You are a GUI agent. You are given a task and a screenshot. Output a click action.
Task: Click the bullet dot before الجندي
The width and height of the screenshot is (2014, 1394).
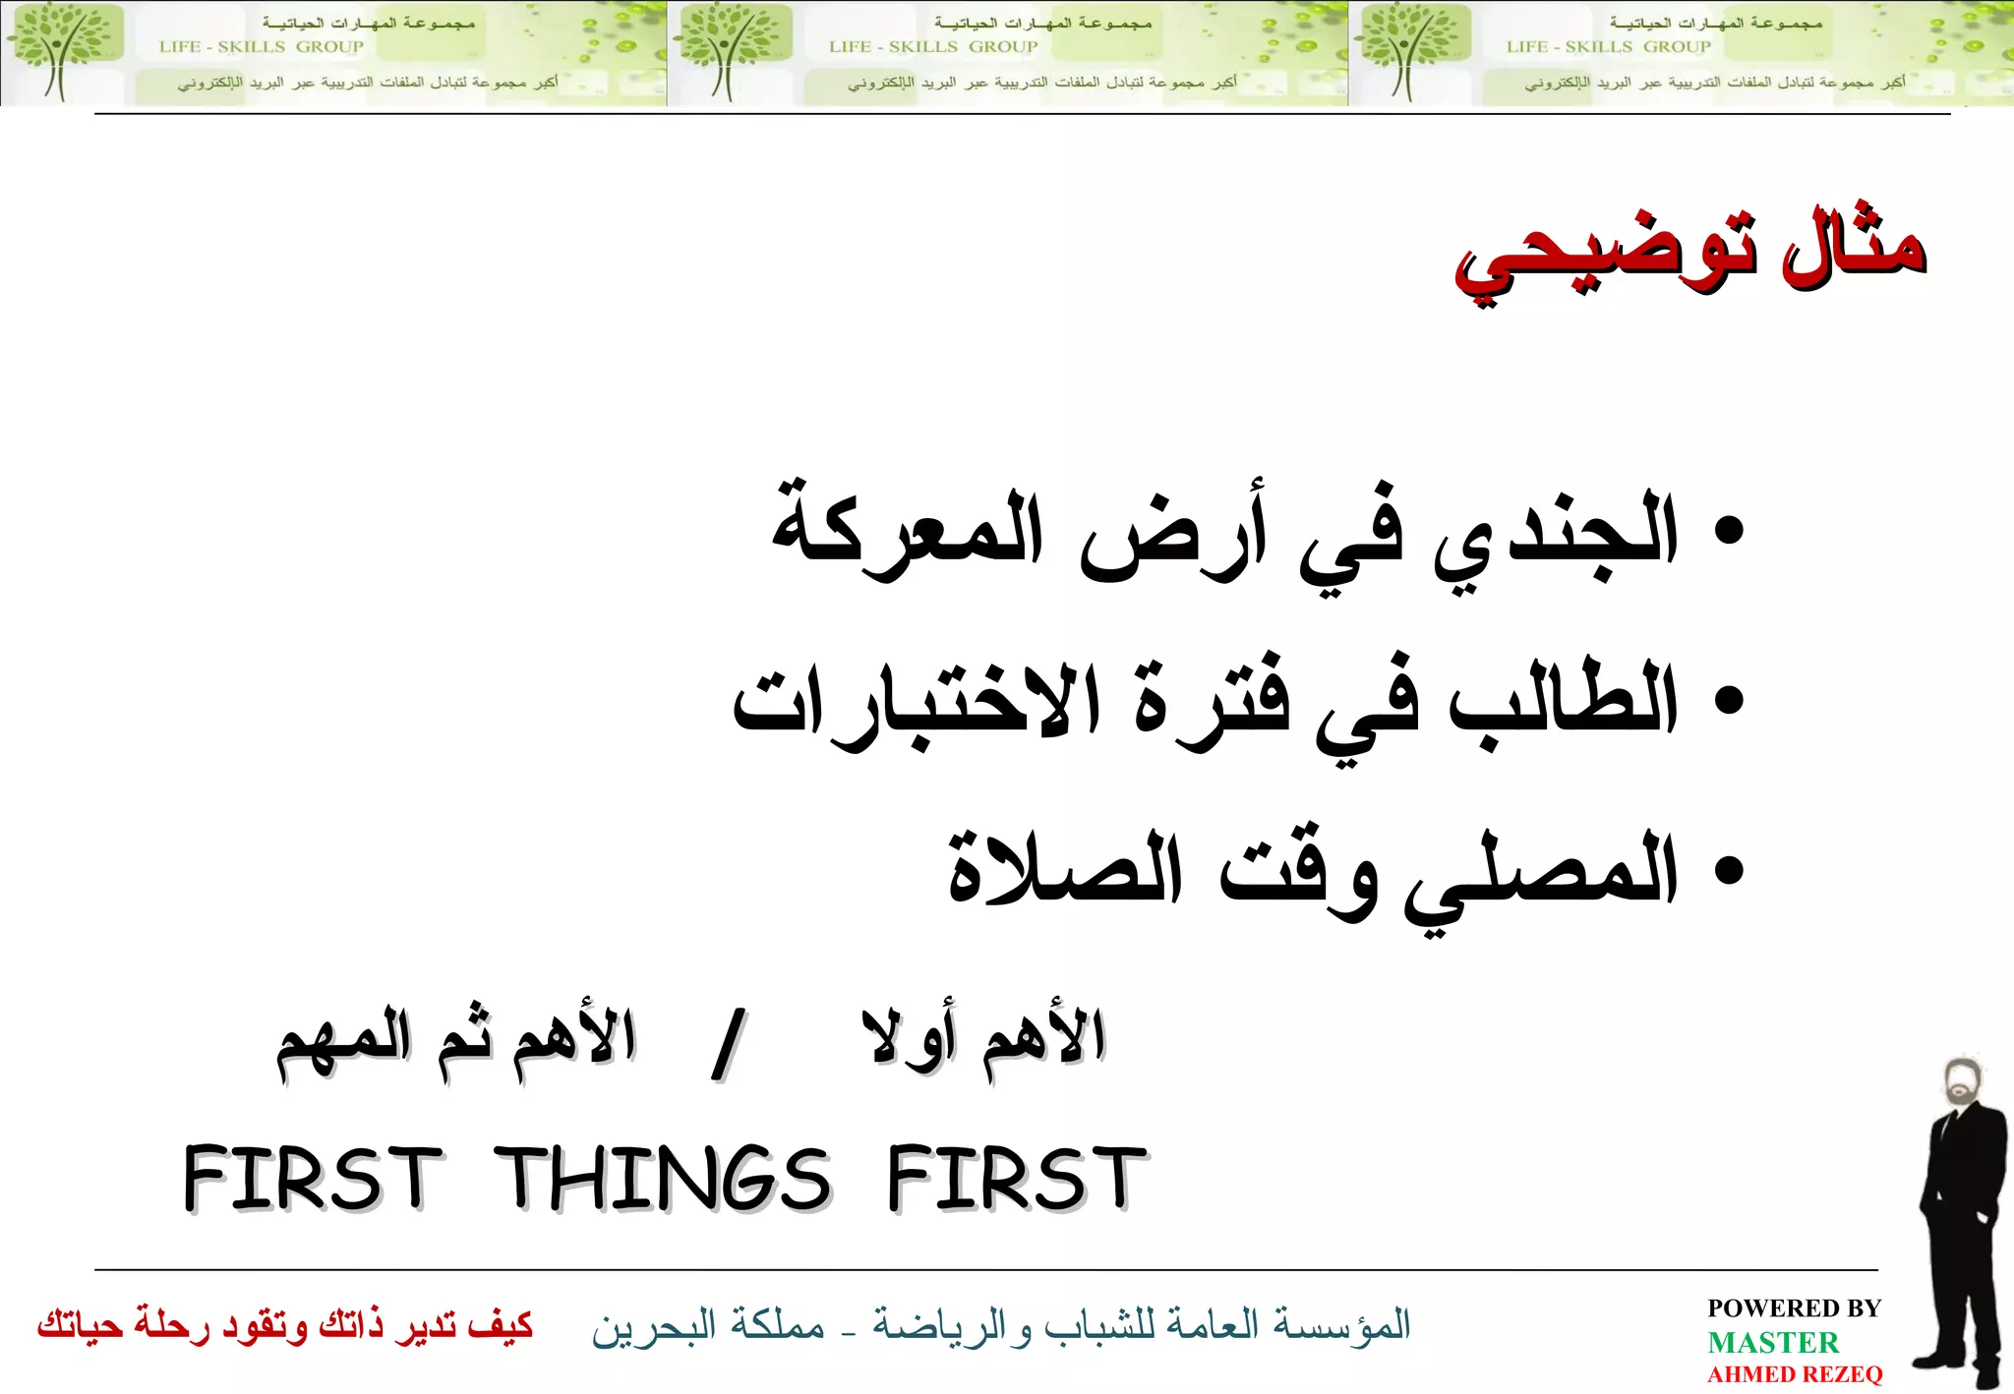click(x=1728, y=531)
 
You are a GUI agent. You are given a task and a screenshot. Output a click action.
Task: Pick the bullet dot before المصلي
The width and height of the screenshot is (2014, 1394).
click(x=1728, y=870)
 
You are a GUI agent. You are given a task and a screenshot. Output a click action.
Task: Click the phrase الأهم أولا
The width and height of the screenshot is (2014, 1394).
click(x=984, y=1039)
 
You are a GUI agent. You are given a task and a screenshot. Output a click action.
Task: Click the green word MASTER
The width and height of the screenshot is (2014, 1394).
click(x=1772, y=1342)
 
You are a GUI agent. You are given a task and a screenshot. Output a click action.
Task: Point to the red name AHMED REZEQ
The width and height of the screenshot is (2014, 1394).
click(x=1795, y=1374)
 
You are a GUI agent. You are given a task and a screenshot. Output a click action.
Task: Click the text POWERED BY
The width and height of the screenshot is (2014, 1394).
click(x=1794, y=1308)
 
